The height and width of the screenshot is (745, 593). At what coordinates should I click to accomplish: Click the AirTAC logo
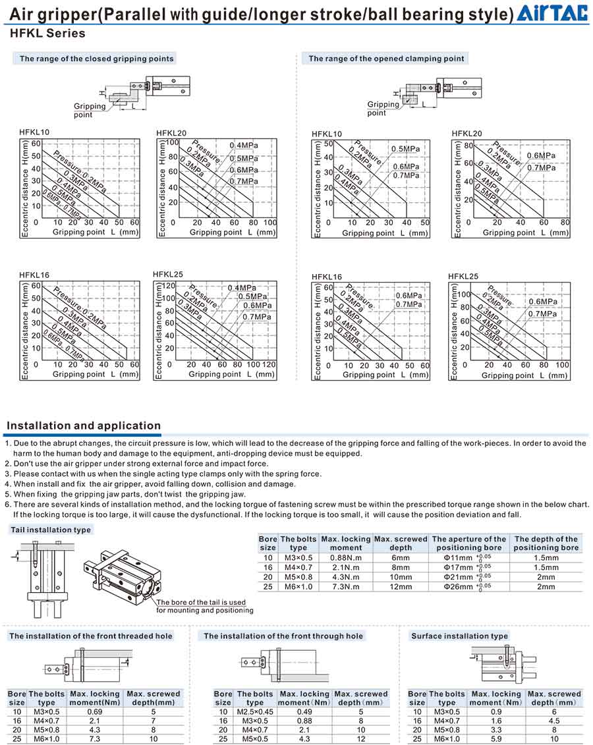point(553,13)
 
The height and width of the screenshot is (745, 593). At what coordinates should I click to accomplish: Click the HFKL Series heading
point(47,33)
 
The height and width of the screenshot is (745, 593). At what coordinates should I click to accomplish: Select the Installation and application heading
point(84,426)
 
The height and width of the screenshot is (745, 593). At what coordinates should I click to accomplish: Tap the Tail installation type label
point(51,530)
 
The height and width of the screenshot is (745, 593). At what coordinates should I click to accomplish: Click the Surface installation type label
point(459,636)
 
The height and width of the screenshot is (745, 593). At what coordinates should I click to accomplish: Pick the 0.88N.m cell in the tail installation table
point(345,557)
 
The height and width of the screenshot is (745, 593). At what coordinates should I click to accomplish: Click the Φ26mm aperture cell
point(467,586)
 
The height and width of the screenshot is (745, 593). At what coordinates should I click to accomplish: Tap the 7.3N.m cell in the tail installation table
point(345,586)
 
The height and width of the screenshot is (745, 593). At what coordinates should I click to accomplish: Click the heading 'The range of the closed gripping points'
point(97,59)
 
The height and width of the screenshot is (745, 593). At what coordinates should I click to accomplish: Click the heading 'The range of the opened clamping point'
point(386,59)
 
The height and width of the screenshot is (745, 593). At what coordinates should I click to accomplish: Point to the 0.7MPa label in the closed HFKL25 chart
point(256,317)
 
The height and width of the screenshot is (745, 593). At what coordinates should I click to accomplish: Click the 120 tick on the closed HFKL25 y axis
point(169,286)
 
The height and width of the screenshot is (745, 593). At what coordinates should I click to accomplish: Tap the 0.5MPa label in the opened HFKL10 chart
point(407,149)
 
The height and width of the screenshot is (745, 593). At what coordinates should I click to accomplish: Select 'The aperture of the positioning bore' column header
point(468,543)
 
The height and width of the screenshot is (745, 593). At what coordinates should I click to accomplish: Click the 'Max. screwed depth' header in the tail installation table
point(401,543)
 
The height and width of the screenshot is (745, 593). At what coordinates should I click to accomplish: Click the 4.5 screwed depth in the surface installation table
point(554,721)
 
